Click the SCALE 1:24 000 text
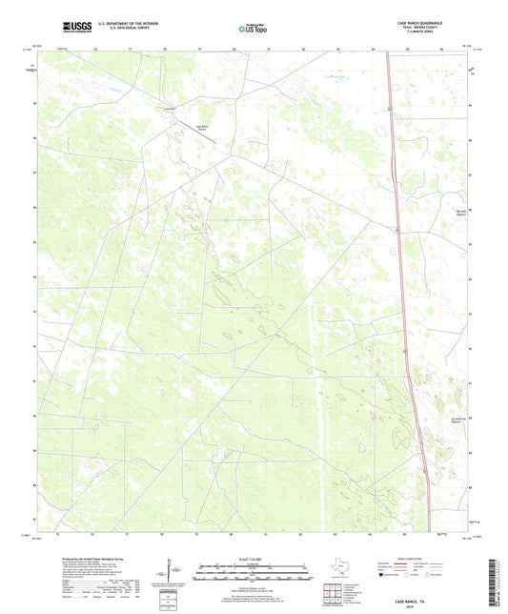click(x=252, y=559)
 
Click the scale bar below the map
click(x=252, y=575)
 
